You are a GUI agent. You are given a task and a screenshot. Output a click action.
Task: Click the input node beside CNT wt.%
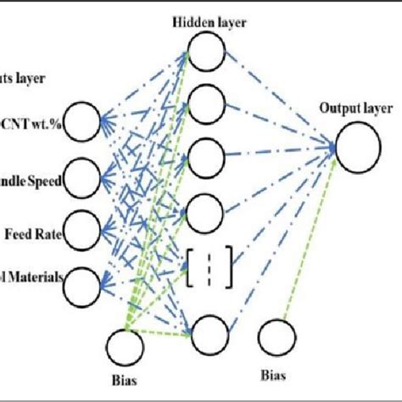tap(86, 123)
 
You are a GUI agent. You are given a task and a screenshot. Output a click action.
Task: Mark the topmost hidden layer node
tap(204, 53)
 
